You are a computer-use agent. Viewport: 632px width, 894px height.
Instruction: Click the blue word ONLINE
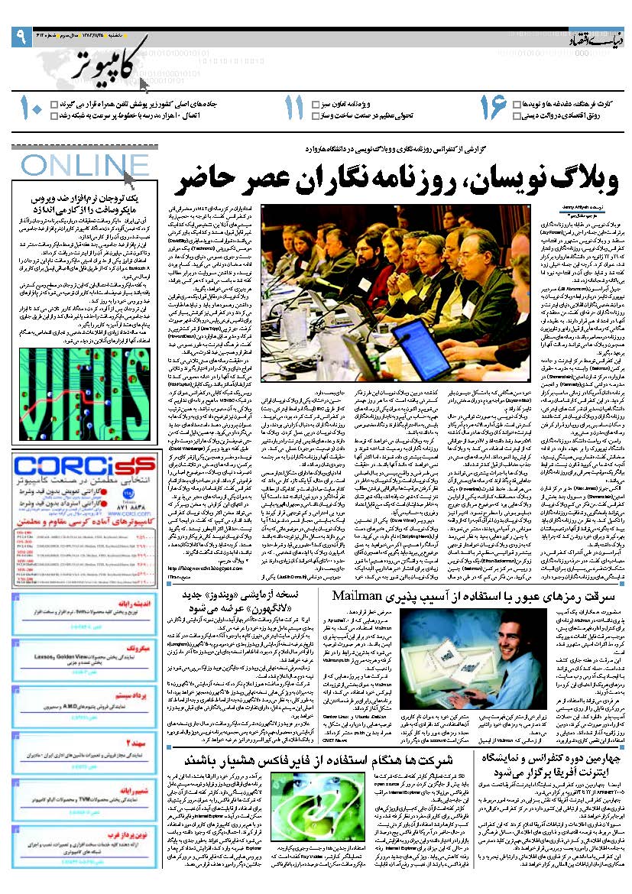(x=74, y=166)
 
